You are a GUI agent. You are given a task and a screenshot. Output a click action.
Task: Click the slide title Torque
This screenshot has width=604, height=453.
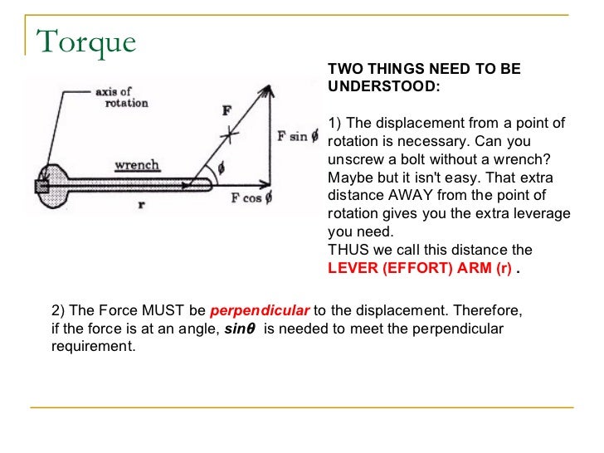point(86,41)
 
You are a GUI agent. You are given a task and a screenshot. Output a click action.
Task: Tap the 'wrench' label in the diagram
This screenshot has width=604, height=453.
point(137,165)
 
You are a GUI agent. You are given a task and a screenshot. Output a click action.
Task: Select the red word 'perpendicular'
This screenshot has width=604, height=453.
point(260,312)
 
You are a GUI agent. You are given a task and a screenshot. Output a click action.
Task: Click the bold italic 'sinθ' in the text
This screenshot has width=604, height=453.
point(241,329)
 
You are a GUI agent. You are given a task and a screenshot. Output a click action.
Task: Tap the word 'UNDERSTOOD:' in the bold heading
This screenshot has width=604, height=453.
point(384,87)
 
